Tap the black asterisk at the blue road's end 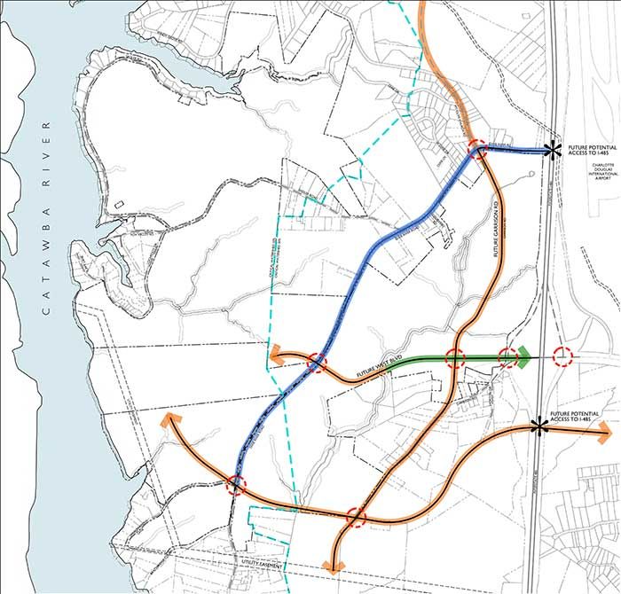pyautogui.click(x=552, y=151)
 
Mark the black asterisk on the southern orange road pyautogui.click(x=537, y=426)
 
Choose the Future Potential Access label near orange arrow pyautogui.click(x=578, y=416)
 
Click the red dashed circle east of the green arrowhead pyautogui.click(x=562, y=357)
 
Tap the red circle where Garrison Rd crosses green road pyautogui.click(x=455, y=359)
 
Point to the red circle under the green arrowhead pyautogui.click(x=507, y=358)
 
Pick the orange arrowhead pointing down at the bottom pyautogui.click(x=334, y=566)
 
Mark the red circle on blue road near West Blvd pyautogui.click(x=317, y=363)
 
